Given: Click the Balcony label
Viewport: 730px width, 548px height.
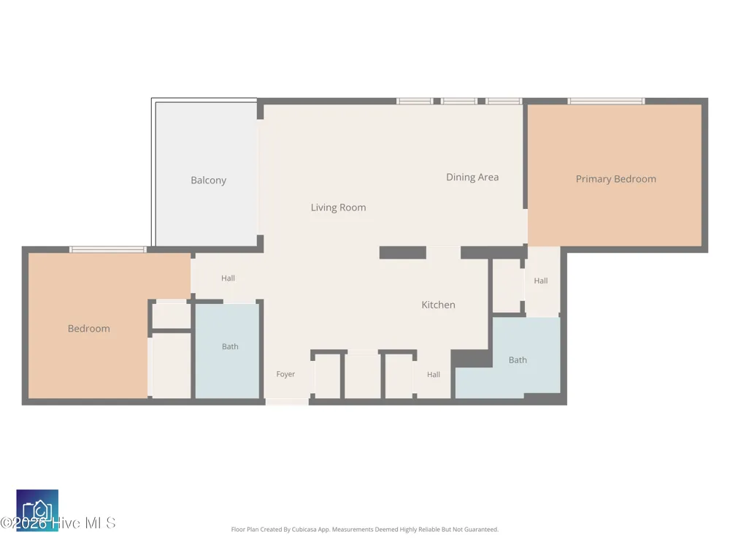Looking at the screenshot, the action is click(x=208, y=180).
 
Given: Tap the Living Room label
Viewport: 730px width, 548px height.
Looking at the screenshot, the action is click(x=339, y=208).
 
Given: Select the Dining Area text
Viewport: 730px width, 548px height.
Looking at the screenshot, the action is click(x=472, y=177).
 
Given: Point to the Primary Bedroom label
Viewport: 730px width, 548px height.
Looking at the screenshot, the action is click(x=616, y=179).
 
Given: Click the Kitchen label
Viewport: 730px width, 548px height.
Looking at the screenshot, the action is click(x=438, y=305).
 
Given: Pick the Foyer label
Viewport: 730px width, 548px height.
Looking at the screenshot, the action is click(x=285, y=374).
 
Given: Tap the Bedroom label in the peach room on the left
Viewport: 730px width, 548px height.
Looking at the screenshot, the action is click(x=89, y=329).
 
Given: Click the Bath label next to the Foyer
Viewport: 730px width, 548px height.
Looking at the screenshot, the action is click(x=230, y=346).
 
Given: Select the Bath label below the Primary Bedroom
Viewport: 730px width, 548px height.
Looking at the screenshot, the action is click(x=518, y=359).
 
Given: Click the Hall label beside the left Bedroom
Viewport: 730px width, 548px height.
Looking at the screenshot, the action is click(x=228, y=278).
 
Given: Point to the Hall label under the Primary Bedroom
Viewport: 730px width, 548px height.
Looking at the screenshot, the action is click(x=541, y=281).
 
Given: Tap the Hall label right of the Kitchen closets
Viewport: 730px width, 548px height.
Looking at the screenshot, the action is click(x=434, y=374).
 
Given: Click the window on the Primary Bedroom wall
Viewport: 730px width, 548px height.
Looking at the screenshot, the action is click(x=606, y=101).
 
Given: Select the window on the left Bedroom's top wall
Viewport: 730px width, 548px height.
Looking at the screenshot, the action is click(x=108, y=250).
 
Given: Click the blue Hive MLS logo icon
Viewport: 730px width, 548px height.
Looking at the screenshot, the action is click(x=37, y=510).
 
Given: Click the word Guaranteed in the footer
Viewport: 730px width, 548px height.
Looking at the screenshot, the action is click(x=480, y=529).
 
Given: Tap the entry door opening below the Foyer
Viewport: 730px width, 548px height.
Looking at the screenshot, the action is click(x=287, y=402).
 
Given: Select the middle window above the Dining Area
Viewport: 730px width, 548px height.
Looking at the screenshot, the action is click(x=459, y=101).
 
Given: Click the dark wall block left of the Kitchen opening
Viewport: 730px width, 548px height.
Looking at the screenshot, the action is click(x=403, y=253).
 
